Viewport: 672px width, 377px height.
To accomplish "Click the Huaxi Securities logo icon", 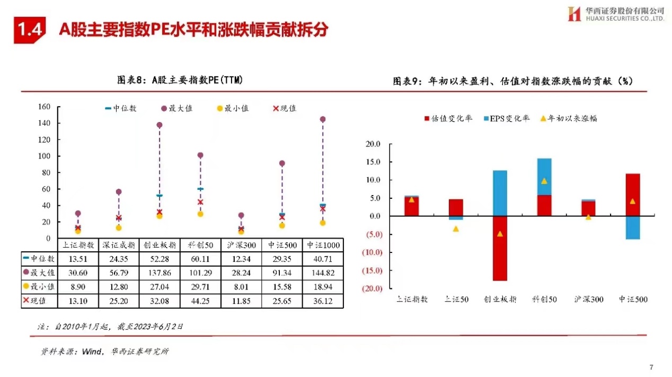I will [x=574, y=14].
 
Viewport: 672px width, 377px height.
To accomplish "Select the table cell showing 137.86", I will [x=160, y=273].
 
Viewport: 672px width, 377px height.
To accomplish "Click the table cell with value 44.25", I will [x=200, y=301].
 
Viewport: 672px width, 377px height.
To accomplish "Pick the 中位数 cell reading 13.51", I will [x=78, y=259].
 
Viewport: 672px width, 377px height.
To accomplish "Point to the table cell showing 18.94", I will [x=323, y=287].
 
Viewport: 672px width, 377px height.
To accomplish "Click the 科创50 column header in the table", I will [x=200, y=245].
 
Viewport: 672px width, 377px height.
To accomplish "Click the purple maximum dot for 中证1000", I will [x=323, y=119].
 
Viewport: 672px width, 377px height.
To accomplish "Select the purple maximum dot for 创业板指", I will [x=160, y=125].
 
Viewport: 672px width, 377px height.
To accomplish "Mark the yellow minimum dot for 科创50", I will [x=200, y=214].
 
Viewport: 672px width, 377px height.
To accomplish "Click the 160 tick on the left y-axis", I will [x=45, y=107].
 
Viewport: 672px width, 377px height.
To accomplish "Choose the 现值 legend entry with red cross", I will [x=285, y=108].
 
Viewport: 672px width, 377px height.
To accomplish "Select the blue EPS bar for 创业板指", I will [x=500, y=193].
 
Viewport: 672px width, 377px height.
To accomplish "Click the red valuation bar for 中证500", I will [x=632, y=195].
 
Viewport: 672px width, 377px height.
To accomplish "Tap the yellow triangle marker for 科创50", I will [x=544, y=181].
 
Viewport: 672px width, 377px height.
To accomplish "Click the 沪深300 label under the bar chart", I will [x=589, y=299].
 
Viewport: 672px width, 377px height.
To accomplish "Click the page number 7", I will [x=651, y=367].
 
